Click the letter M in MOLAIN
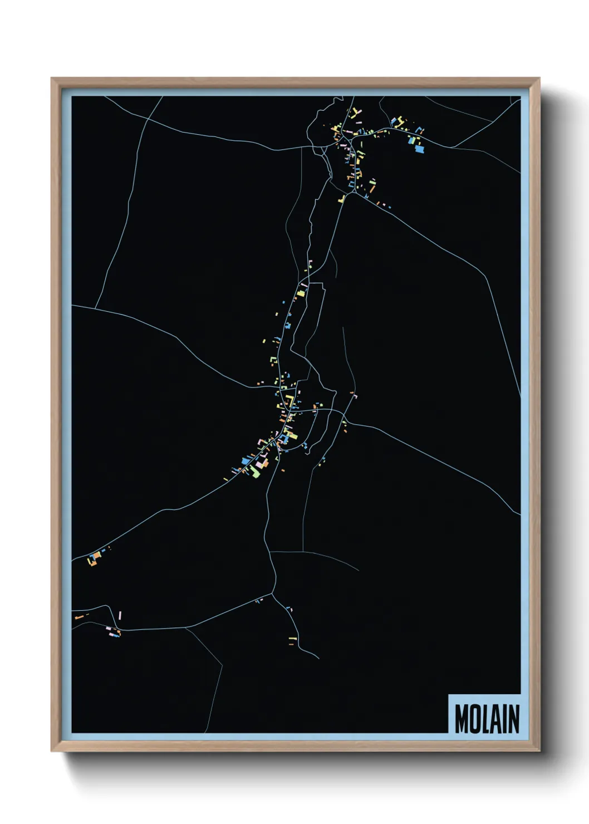tap(462, 719)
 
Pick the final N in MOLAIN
tap(513, 719)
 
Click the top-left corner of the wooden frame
tap(52, 79)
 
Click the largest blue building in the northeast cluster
tap(419, 149)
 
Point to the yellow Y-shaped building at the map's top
tap(355, 114)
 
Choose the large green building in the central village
tap(254, 472)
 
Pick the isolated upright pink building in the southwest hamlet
tap(120, 615)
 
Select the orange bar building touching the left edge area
tap(79, 617)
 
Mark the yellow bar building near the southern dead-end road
tap(292, 637)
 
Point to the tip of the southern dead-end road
tap(318, 659)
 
